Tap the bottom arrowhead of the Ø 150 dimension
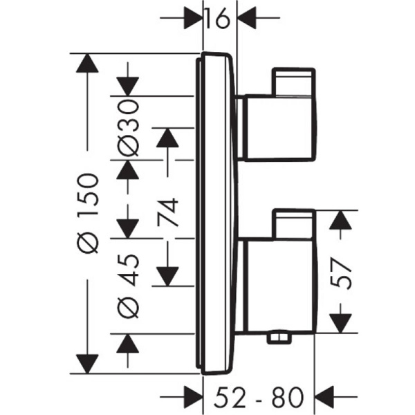pos(87,362)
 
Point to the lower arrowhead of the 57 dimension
pos(339,321)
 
